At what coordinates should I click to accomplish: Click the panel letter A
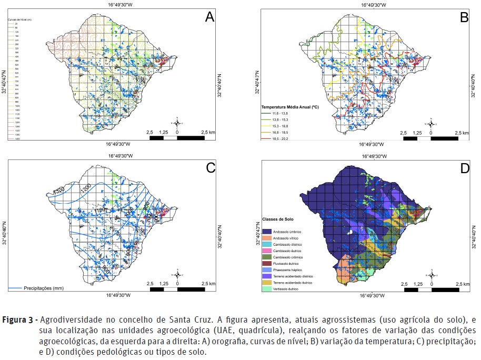(x=209, y=17)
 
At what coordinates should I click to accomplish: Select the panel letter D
(x=464, y=168)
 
